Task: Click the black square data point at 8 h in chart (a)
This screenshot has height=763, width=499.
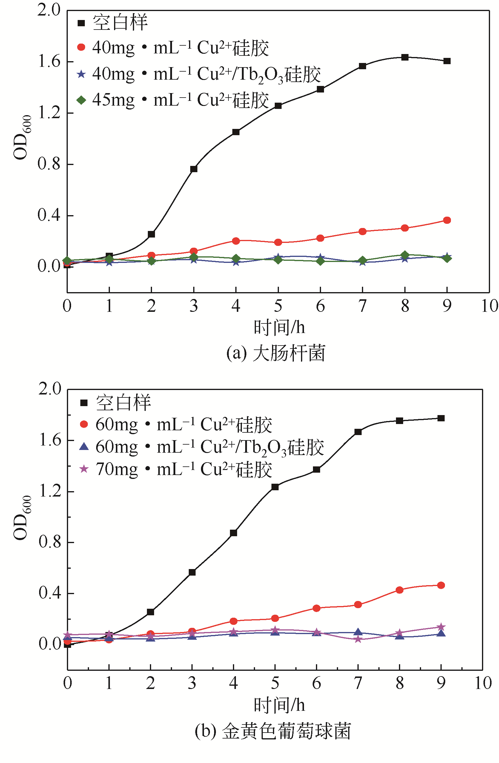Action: [x=405, y=57]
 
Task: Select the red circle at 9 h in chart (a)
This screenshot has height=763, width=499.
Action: [x=447, y=220]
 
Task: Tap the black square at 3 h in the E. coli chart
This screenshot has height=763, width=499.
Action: [x=194, y=169]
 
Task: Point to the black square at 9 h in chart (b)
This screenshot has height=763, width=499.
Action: [x=441, y=418]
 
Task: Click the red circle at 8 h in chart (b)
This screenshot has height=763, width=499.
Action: [x=400, y=590]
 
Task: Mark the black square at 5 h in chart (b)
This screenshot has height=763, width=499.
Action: [x=275, y=487]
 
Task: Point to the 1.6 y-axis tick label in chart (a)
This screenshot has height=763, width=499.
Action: [x=49, y=61]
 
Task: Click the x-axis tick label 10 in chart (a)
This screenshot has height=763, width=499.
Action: [x=489, y=306]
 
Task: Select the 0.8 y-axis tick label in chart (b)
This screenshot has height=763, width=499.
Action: [x=50, y=542]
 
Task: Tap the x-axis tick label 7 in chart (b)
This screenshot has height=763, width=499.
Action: [x=358, y=683]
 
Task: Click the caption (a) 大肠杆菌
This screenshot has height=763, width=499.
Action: [x=276, y=353]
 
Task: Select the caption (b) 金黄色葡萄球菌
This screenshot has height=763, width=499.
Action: [x=273, y=731]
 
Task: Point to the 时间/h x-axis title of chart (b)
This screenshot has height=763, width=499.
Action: [x=279, y=705]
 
